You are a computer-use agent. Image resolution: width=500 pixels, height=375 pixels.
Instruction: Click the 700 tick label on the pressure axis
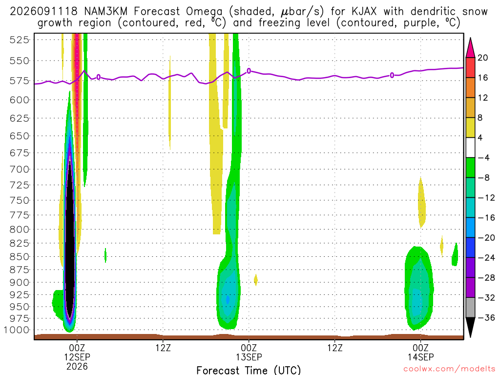19,169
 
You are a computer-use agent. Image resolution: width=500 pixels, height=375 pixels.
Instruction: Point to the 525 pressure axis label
19,40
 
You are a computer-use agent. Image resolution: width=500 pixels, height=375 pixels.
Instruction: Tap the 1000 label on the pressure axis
17,330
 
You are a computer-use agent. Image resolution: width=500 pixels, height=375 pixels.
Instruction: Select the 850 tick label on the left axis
19,257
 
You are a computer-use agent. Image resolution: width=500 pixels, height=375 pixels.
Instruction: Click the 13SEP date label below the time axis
249,357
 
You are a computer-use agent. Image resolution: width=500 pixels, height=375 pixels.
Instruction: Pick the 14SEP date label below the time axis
420,357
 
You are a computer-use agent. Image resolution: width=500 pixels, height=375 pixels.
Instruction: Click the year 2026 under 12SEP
77,366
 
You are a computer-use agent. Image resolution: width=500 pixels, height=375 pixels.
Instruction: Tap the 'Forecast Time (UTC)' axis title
249,370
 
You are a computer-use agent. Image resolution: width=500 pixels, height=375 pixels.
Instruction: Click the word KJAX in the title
364,12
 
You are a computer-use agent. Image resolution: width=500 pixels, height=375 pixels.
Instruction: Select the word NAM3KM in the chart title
105,12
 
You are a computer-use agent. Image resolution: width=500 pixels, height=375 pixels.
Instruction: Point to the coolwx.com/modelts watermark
449,369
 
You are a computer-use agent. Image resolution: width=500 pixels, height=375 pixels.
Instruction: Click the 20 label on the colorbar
483,58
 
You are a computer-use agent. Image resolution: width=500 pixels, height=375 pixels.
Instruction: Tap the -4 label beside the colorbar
483,158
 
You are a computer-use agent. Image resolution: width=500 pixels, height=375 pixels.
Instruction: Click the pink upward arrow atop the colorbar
470,47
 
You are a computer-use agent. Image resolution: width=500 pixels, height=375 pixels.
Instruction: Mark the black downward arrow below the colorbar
470,327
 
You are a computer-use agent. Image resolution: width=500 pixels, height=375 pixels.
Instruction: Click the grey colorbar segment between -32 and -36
470,308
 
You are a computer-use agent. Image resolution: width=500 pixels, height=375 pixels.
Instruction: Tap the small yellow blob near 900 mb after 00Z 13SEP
256,280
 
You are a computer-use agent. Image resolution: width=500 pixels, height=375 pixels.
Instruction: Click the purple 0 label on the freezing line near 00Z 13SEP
249,71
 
